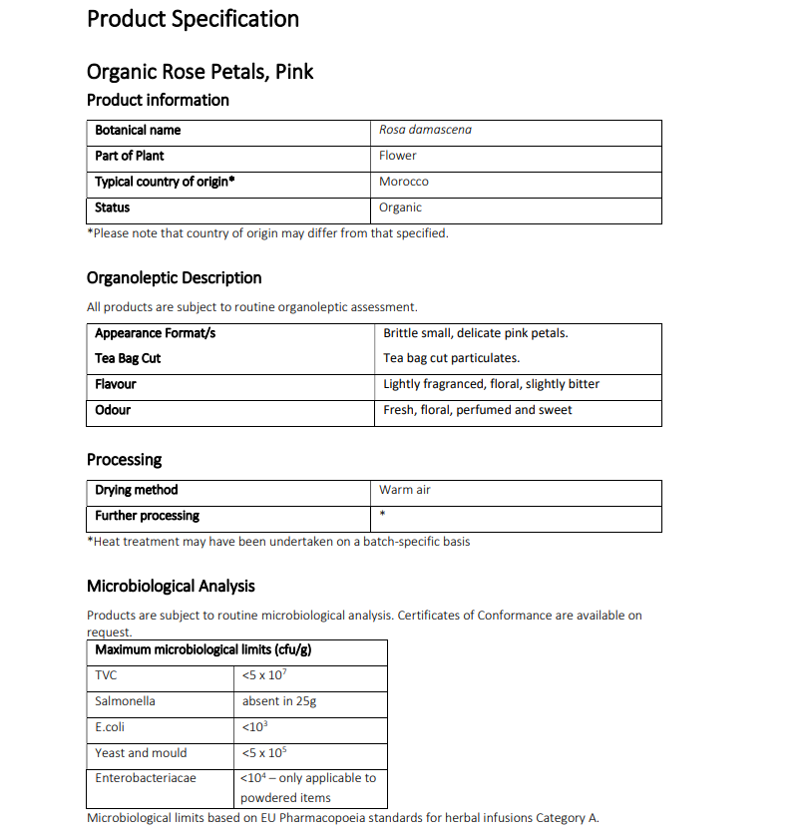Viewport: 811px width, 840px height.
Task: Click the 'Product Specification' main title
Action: click(x=193, y=19)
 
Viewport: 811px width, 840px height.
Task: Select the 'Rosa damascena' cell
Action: click(x=425, y=130)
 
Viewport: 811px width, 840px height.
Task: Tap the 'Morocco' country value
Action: click(x=403, y=182)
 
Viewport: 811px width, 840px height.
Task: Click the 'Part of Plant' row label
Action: click(x=130, y=156)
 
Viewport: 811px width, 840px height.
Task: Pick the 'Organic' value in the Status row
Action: click(x=400, y=208)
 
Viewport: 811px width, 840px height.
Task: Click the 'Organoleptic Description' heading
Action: click(x=175, y=277)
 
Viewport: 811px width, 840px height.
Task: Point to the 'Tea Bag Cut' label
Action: click(x=128, y=358)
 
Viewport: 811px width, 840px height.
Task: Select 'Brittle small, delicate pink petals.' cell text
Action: click(x=475, y=333)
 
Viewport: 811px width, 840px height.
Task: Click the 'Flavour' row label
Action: click(x=116, y=384)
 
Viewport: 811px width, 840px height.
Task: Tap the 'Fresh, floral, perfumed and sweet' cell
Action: click(x=477, y=410)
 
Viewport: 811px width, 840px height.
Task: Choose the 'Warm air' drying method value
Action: click(x=404, y=490)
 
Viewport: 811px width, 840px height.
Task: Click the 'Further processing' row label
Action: click(x=147, y=516)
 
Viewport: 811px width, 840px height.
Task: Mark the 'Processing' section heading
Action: click(x=124, y=459)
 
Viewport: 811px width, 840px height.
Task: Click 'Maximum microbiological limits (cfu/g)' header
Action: click(x=203, y=650)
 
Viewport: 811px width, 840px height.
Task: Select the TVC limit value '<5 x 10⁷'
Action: click(x=264, y=675)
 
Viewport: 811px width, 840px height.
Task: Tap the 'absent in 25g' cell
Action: click(x=278, y=701)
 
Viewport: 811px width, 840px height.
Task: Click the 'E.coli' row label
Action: click(x=110, y=727)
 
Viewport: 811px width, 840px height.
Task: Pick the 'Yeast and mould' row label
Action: click(x=141, y=753)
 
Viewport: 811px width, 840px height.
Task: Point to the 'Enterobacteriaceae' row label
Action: click(x=146, y=778)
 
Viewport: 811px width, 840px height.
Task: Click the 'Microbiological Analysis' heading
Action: click(x=171, y=586)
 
